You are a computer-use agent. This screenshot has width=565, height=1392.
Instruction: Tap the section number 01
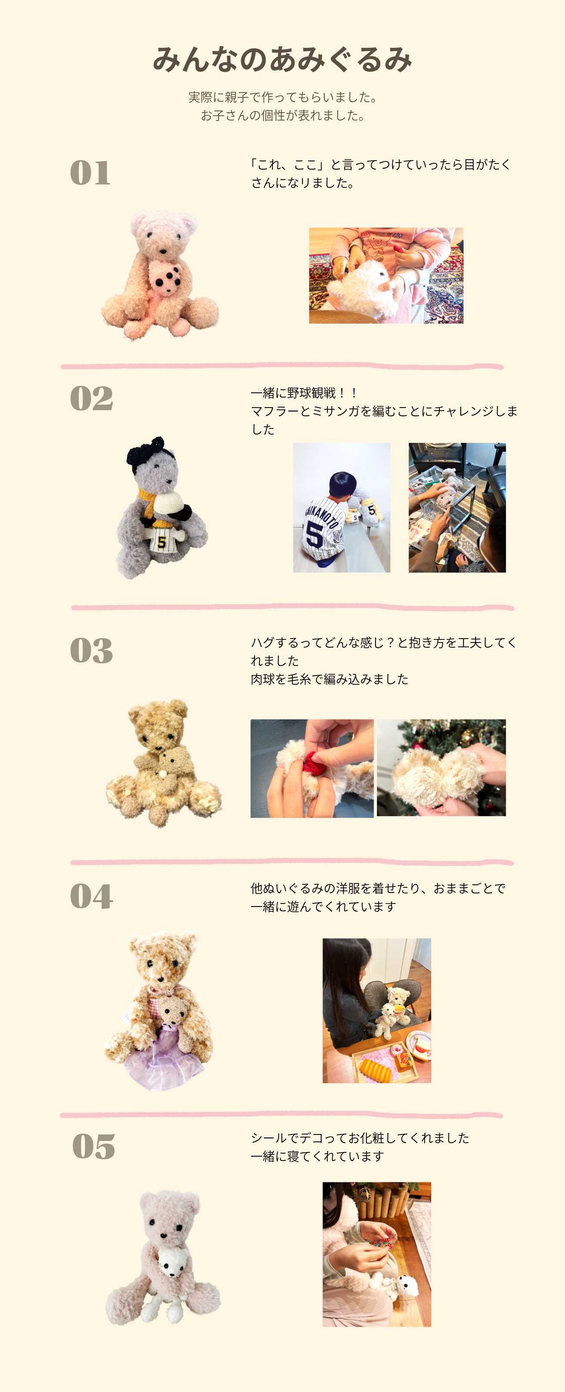[x=90, y=173]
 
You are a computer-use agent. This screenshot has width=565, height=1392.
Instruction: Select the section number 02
[x=91, y=399]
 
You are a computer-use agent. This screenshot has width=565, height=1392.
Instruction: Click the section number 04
[x=91, y=897]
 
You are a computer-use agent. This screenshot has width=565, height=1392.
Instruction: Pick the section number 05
[x=93, y=1147]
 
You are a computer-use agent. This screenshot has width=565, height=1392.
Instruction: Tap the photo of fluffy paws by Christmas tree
[x=441, y=767]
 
